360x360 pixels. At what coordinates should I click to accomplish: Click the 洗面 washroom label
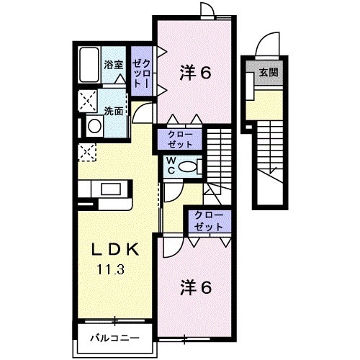(x=113, y=111)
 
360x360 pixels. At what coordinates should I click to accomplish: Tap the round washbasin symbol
(x=94, y=126)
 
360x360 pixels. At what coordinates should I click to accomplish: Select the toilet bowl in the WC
(x=189, y=165)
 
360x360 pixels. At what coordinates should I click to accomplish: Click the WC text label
(x=173, y=165)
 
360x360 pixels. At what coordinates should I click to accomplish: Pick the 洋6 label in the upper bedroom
(x=195, y=73)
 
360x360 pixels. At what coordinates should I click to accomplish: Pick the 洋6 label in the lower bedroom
(x=195, y=287)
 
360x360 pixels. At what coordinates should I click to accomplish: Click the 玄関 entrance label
(x=269, y=72)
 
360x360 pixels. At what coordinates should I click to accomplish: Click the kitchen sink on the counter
(x=112, y=189)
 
